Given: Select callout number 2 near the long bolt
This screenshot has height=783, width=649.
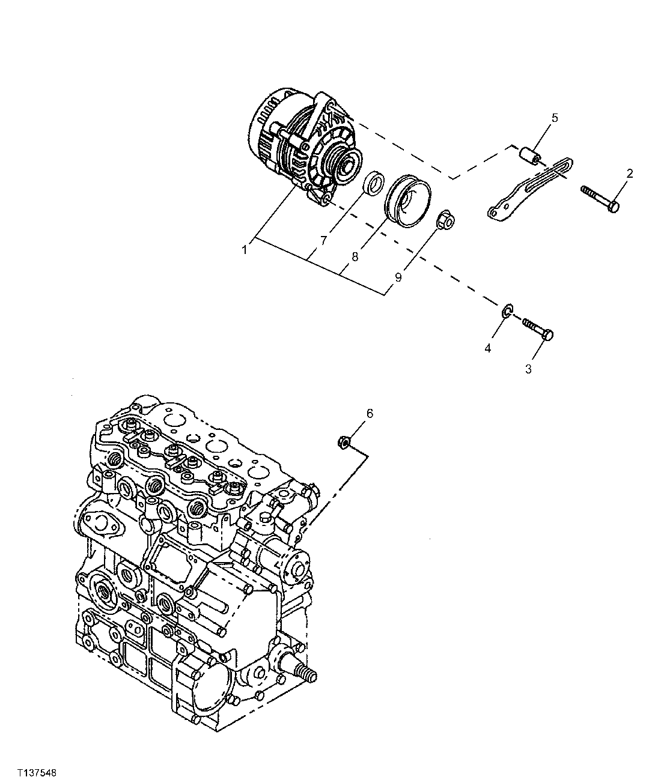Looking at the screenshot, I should tap(629, 174).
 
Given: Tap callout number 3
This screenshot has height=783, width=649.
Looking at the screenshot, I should tap(528, 369).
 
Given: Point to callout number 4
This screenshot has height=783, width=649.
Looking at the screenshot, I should tap(488, 348).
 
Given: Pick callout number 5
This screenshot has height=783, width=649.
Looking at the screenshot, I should tap(554, 118).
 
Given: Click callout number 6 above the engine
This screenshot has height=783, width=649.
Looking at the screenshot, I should tap(370, 413).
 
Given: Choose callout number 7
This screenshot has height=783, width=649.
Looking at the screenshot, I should tap(323, 240).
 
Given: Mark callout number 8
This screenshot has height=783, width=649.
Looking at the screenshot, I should tap(355, 256).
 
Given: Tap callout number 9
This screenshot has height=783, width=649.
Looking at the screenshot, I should tap(398, 277).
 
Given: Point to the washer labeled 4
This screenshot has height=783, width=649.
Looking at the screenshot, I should tap(507, 310).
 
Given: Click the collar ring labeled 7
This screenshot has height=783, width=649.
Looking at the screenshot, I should tap(374, 184).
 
